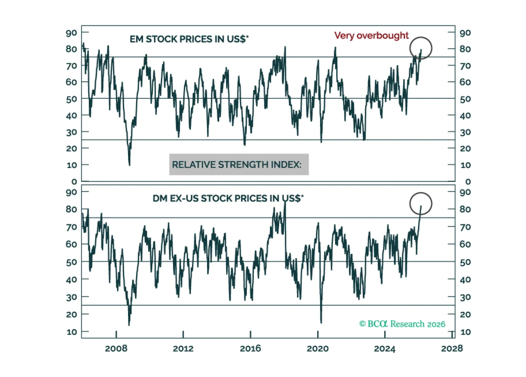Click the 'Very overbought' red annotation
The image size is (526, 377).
371,36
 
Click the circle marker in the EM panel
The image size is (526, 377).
420,48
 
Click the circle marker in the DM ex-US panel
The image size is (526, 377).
420,204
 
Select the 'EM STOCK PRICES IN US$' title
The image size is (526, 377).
189,39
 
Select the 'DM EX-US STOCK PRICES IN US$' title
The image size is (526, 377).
228,198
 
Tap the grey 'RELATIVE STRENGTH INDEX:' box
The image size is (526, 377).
239,164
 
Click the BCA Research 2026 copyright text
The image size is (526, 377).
402,324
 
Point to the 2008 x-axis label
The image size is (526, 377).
116,349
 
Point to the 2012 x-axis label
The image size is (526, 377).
183,349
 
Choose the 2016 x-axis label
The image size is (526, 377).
250,349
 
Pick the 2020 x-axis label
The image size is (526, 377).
317,349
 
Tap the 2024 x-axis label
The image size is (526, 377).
384,349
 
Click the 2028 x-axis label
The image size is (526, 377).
452,349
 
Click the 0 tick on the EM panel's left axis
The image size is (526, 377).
74,182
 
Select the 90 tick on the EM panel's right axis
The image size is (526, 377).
465,33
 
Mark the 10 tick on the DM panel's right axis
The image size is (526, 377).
465,332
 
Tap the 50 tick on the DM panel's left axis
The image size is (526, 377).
71,263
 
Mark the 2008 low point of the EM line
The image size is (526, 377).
129,164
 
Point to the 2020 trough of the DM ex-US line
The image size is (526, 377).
321,322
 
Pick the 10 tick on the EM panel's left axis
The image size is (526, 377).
71,165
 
